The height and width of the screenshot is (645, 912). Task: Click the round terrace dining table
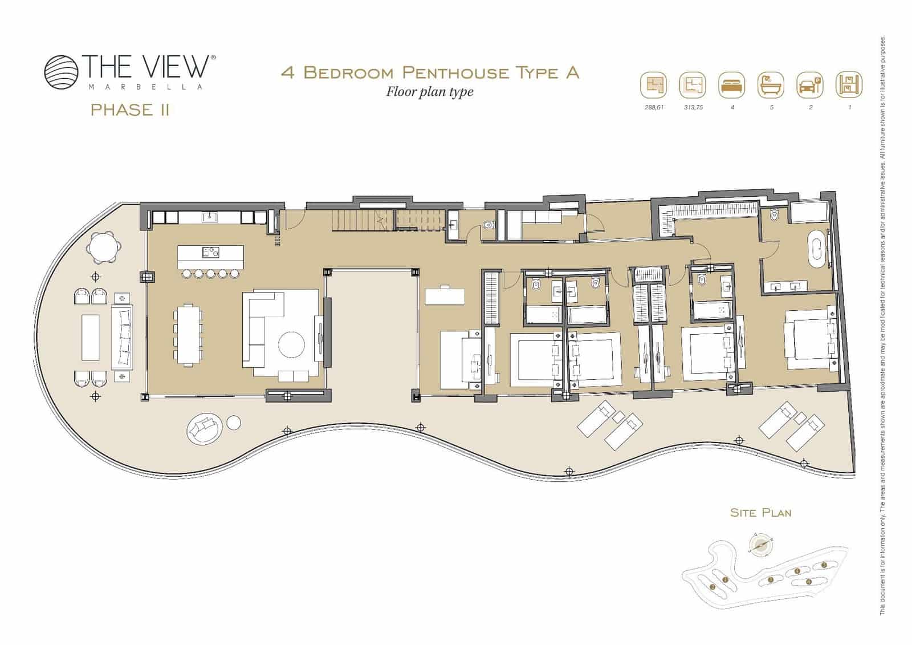coord(104,248)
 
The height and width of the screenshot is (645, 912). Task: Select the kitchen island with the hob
coord(210,256)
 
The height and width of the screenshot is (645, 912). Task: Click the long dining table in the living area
coord(188,334)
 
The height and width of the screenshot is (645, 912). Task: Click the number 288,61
coord(653,107)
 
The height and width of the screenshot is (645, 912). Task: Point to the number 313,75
coord(693,107)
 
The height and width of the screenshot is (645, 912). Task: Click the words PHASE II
coord(130,110)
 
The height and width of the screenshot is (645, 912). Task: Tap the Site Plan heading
coord(761,513)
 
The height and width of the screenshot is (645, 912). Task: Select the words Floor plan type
coord(430,91)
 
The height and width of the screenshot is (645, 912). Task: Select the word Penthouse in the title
coord(455,72)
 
